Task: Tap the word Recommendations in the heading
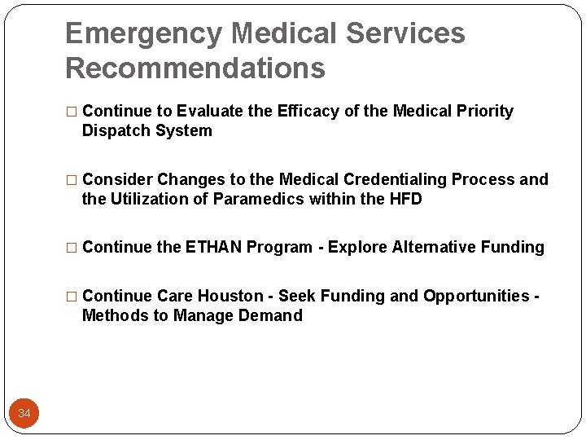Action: pyautogui.click(x=195, y=68)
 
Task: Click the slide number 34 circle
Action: pyautogui.click(x=24, y=414)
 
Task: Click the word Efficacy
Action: pyautogui.click(x=307, y=112)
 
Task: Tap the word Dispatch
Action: pyautogui.click(x=112, y=131)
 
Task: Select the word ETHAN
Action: pyautogui.click(x=213, y=248)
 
